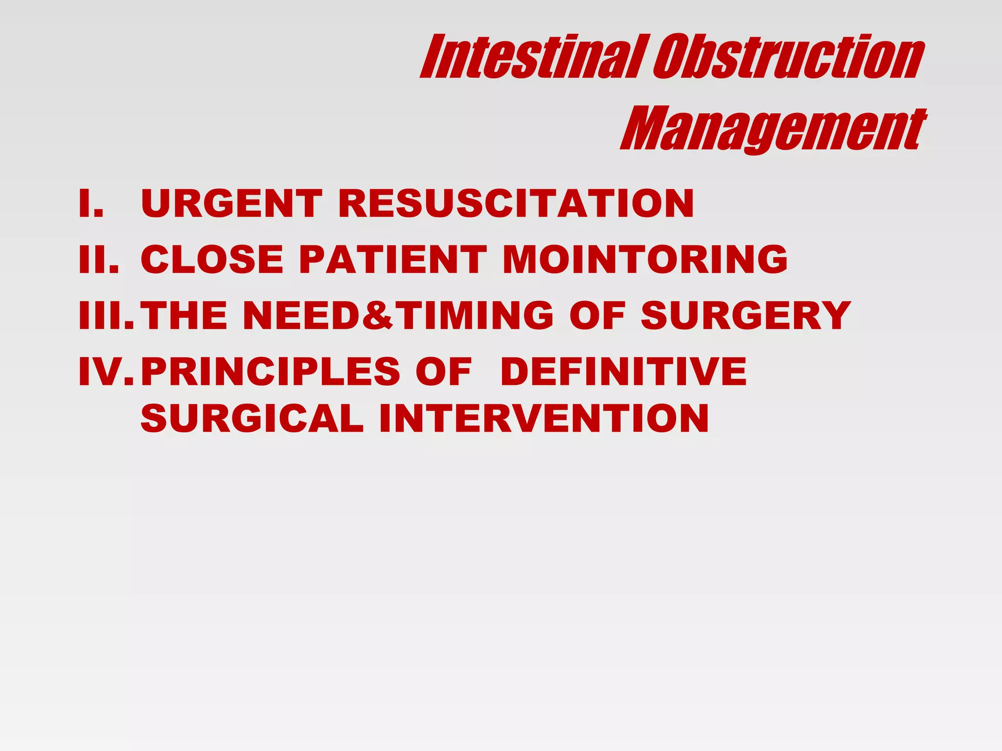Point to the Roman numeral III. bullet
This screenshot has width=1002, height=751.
106,315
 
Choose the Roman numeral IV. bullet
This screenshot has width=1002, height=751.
106,372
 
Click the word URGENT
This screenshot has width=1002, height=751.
231,203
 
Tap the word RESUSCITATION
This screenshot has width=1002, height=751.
516,203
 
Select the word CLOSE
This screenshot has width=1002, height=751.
212,259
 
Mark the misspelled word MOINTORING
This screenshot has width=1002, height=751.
645,259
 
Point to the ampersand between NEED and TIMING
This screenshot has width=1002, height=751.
377,315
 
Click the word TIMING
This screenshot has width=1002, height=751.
472,315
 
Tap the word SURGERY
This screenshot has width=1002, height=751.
746,315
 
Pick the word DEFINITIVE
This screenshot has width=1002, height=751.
623,372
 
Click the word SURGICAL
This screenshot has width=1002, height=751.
252,419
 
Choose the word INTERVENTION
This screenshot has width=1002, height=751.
544,419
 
